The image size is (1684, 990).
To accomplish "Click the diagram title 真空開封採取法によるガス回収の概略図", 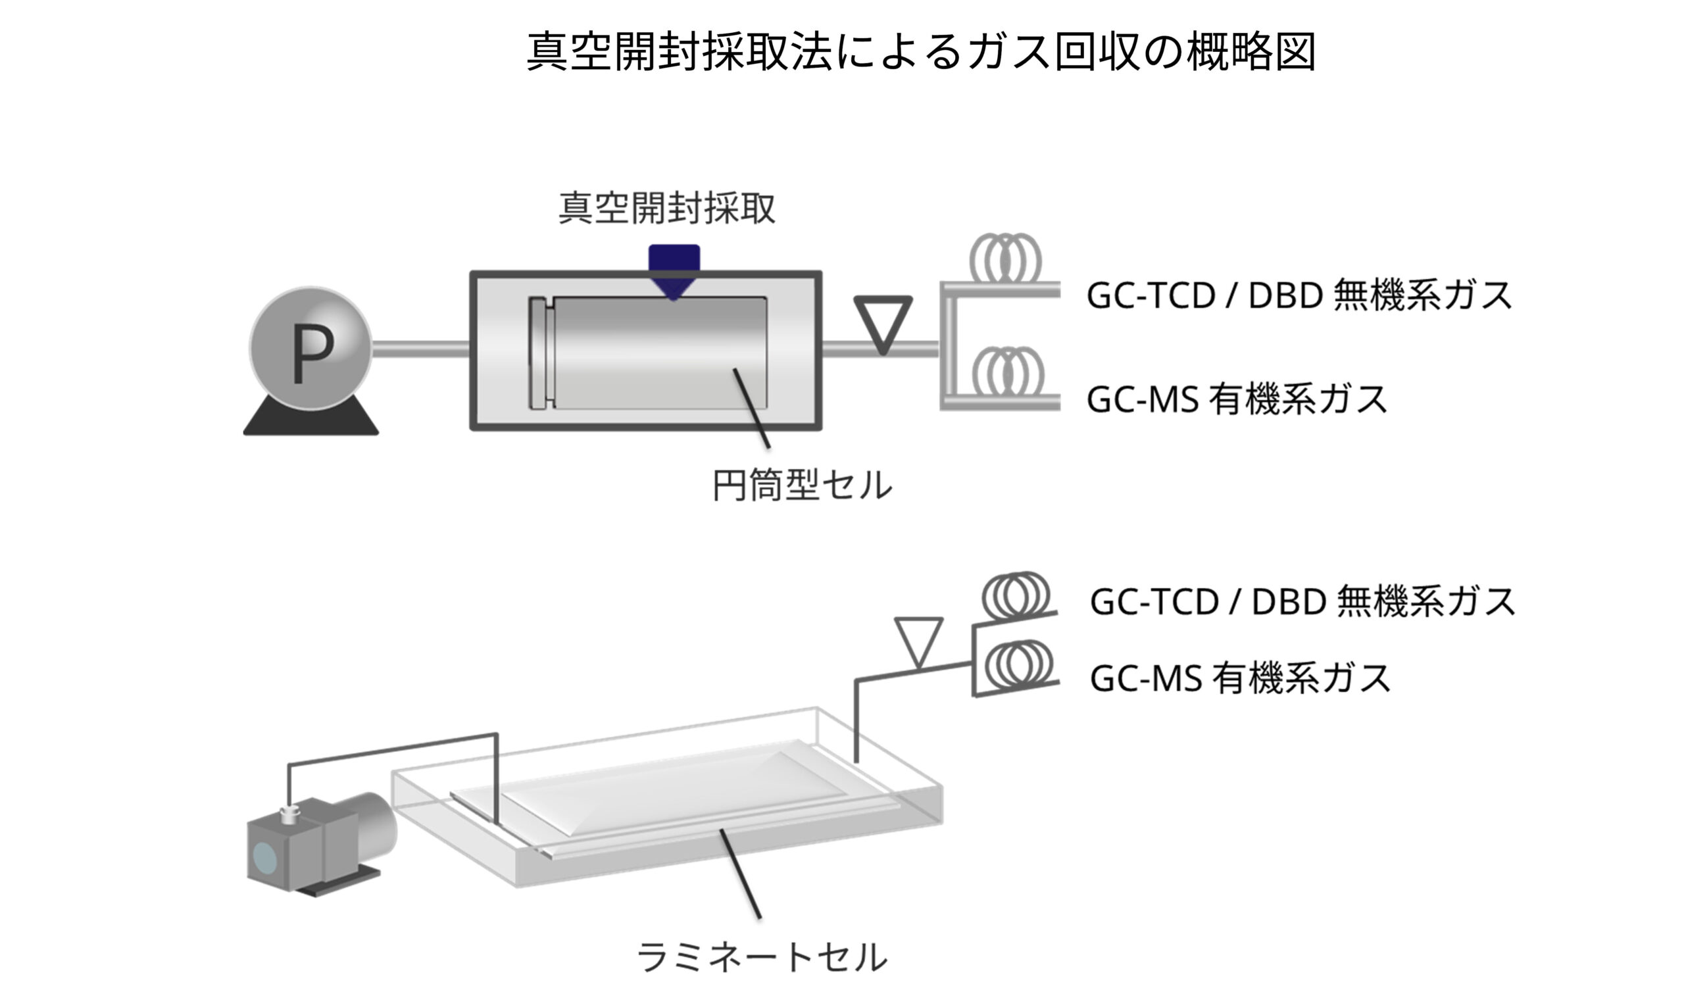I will [921, 52].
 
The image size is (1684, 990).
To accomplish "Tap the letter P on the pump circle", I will [312, 356].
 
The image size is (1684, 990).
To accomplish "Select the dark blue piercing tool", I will [674, 270].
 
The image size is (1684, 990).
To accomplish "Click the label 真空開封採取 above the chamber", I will [666, 209].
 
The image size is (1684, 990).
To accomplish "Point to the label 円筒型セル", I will [801, 486].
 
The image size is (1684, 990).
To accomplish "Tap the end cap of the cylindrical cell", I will [541, 353].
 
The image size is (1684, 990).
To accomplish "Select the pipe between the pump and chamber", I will [420, 348].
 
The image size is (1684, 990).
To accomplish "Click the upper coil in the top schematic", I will [1004, 259].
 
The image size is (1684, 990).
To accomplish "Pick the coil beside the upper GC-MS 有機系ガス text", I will [1007, 372].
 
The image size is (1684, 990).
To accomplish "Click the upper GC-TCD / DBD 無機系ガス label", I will [1299, 295].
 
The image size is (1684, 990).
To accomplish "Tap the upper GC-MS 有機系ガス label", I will [1236, 399].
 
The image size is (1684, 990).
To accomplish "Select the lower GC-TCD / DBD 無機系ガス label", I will [1302, 601].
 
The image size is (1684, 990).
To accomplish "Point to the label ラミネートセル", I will [761, 956].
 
